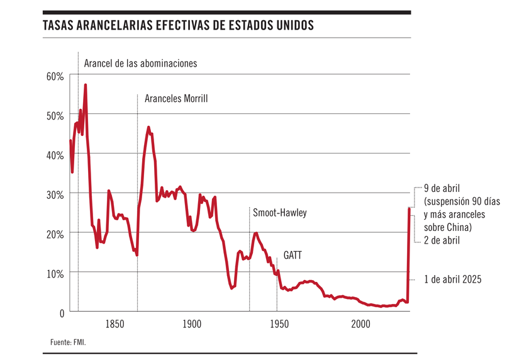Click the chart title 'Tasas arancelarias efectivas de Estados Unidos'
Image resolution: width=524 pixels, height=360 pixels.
178,27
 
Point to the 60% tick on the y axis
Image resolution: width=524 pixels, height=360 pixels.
55,76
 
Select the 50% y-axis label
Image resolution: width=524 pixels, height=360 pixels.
55,116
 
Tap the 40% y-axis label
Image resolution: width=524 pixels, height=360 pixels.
55,155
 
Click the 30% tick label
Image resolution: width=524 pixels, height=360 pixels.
55,194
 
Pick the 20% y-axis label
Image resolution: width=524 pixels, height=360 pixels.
55,233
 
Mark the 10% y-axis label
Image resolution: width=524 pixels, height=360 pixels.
55,273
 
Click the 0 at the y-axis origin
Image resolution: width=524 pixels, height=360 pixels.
61,313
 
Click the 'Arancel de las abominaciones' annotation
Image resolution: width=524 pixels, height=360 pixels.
140,64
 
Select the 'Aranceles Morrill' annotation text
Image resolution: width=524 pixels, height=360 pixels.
176,99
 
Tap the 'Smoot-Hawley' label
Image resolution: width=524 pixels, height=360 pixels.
280,213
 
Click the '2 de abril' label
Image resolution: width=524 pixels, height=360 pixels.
442,240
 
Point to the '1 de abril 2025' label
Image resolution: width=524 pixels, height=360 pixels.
452,279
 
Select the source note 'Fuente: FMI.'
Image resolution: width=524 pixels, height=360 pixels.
67,342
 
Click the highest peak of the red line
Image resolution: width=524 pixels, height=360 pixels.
86,84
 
